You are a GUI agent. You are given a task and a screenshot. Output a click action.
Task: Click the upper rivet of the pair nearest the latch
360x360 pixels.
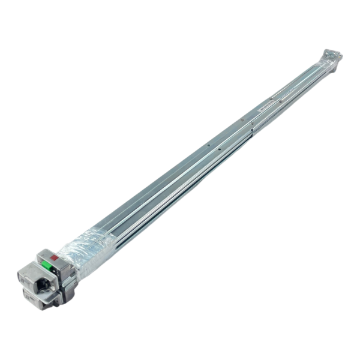click(x=207, y=144)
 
